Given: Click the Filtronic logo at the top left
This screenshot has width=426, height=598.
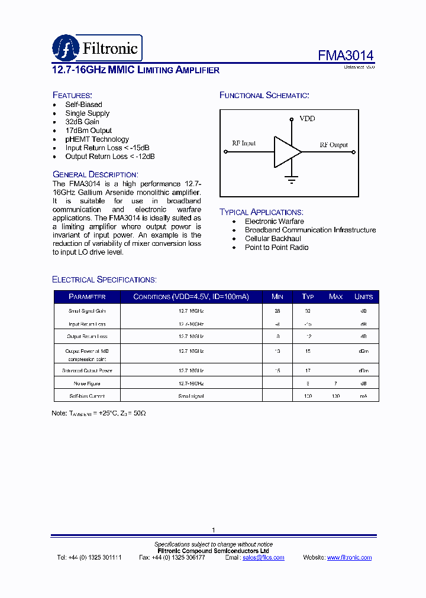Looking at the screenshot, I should point(96,47).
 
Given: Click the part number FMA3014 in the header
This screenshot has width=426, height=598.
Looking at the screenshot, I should point(346,56).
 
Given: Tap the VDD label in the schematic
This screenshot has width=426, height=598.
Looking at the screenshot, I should point(307,119).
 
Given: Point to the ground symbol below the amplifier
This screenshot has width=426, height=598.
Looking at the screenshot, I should point(291,179).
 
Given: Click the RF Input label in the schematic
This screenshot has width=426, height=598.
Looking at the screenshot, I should point(244,143).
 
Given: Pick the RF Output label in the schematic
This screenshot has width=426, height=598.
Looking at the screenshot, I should point(334,145).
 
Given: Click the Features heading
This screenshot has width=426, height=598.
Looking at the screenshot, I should point(72,95).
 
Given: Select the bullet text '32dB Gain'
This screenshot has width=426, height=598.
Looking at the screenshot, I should point(82,122).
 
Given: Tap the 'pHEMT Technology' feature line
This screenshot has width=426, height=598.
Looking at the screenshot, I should point(97,139).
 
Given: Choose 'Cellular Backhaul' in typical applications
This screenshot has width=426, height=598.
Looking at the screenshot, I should point(273,239).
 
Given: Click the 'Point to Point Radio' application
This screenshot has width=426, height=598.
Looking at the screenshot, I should point(276,248).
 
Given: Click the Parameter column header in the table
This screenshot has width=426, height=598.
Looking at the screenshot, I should point(87,297).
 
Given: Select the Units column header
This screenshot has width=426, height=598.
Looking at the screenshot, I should point(363,297).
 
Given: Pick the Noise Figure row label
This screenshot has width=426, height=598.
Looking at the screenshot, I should point(86,383).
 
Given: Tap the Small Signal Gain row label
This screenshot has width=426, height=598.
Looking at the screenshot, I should point(86,310).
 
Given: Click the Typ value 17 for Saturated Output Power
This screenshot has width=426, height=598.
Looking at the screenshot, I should point(308,370).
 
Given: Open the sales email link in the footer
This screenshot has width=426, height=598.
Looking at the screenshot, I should point(263,557).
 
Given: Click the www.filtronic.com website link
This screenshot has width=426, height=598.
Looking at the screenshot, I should point(349,557).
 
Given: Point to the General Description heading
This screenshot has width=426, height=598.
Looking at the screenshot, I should point(95,174).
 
